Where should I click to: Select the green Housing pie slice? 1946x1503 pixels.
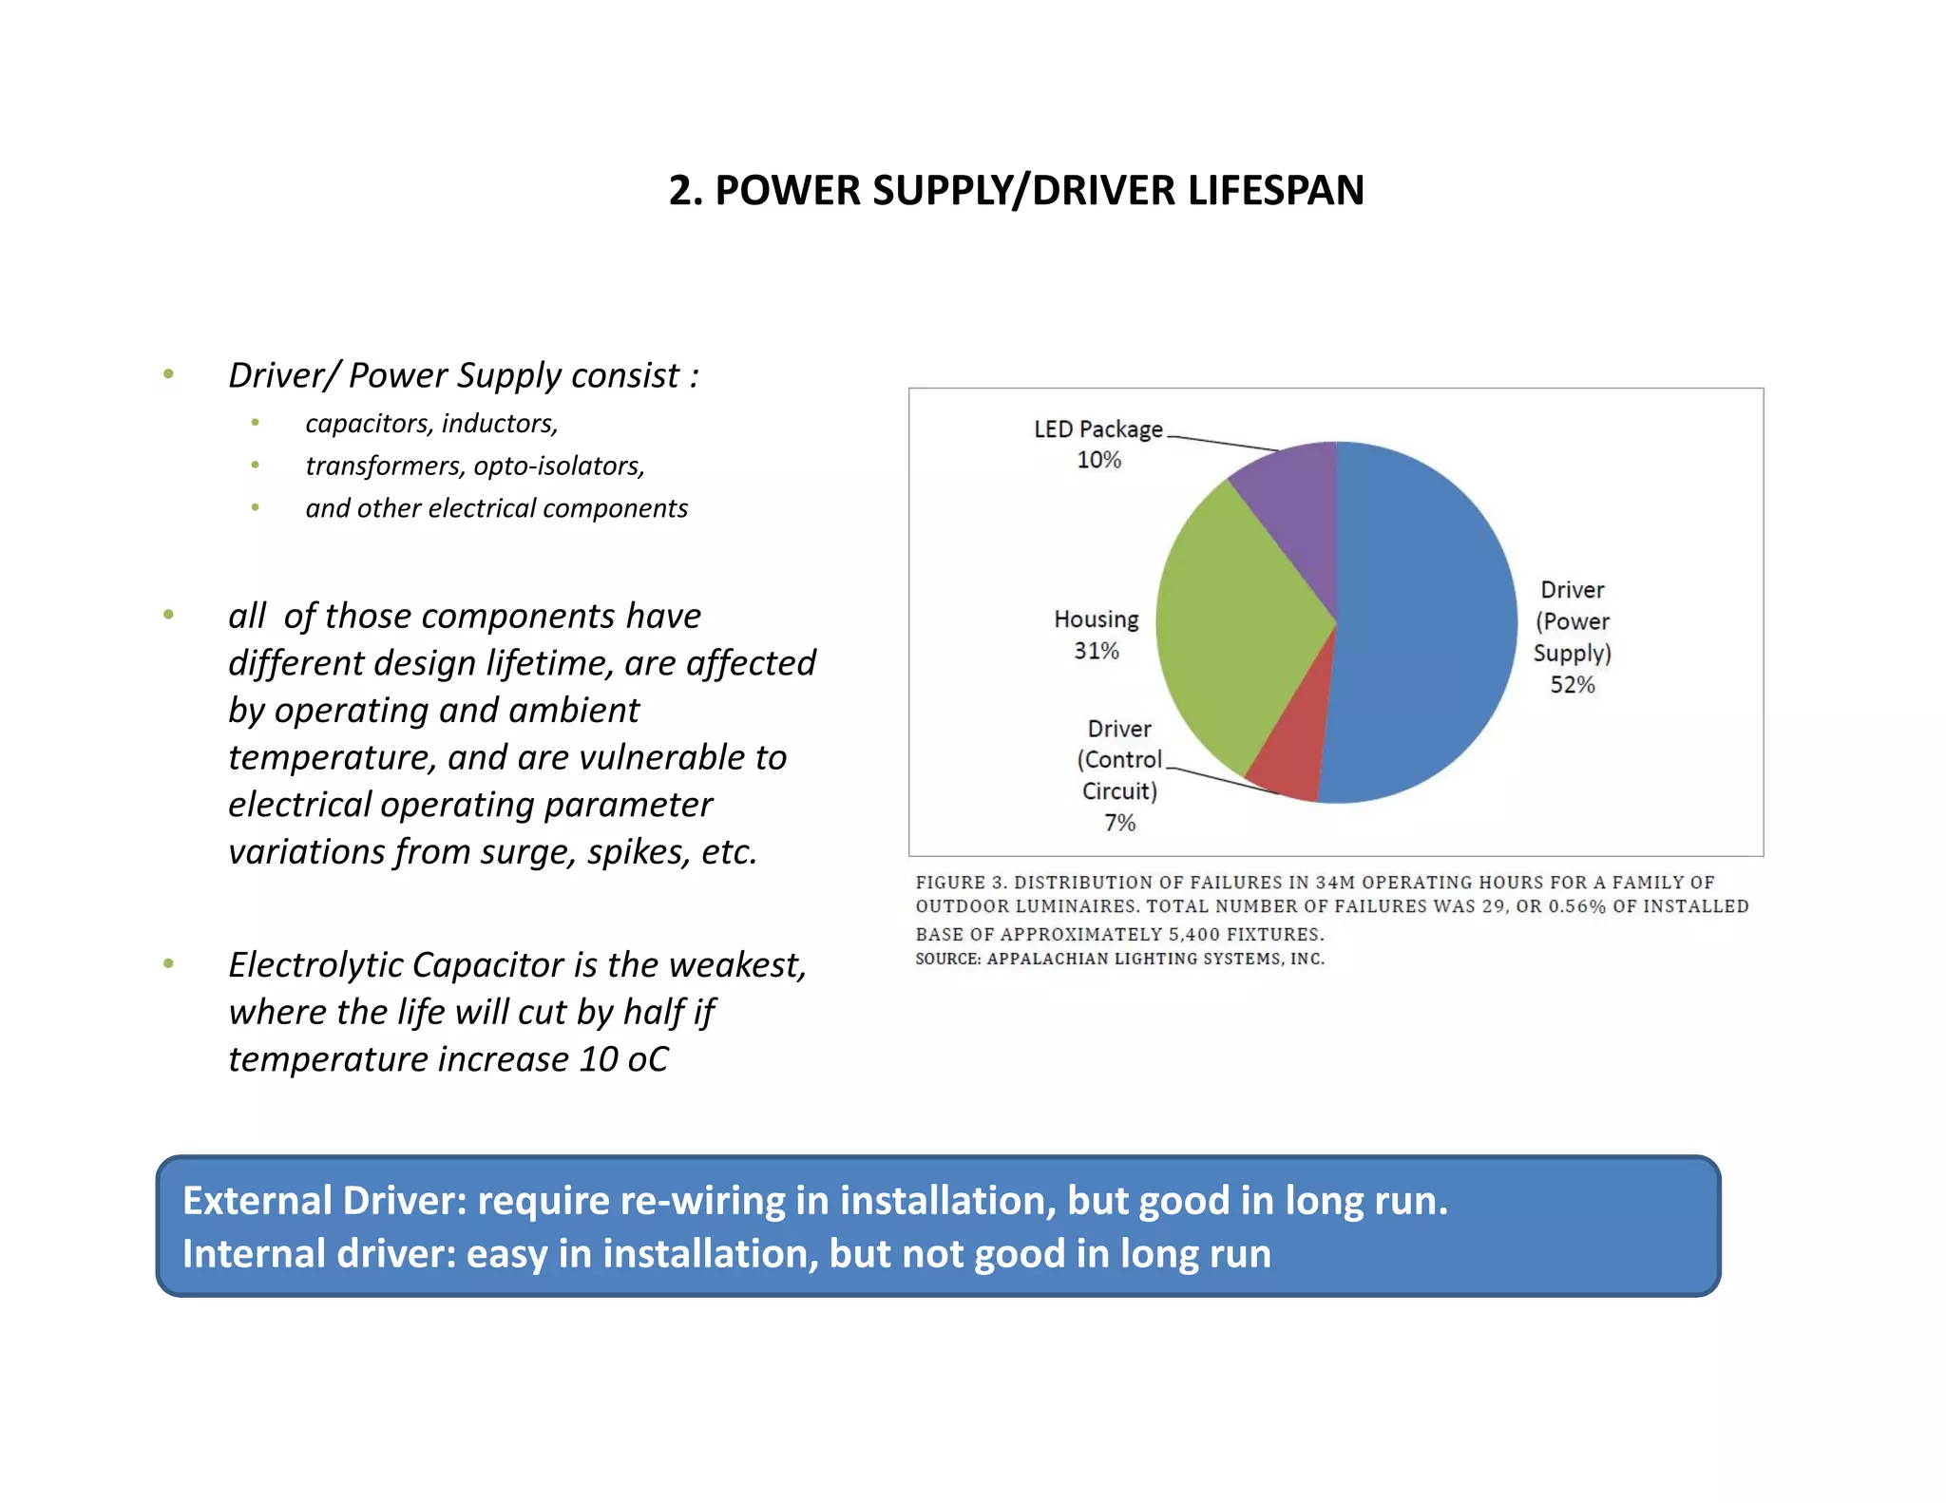point(1235,627)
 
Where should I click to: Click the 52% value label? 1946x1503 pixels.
point(1573,685)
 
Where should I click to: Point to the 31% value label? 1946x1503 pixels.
point(1097,651)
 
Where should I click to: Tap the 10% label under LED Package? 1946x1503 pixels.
point(1098,460)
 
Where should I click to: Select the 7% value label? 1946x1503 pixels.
point(1119,823)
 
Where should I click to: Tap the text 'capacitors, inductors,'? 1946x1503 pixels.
point(431,424)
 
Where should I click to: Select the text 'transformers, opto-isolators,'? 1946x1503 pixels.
point(475,466)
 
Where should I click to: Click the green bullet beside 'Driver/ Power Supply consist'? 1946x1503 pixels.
point(168,374)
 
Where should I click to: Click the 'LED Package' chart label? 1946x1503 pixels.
point(1097,429)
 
